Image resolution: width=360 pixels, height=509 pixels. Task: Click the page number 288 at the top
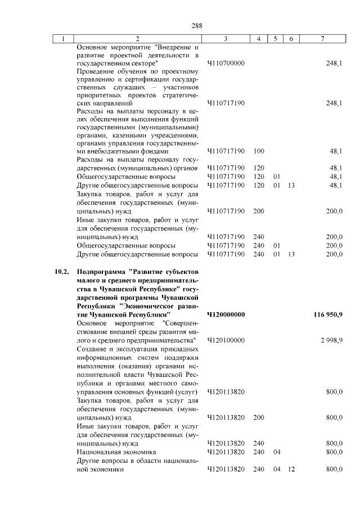point(196,26)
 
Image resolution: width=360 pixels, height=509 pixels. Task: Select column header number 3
point(225,39)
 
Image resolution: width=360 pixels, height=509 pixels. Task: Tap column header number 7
point(322,39)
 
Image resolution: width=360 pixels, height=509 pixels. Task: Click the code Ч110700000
point(226,64)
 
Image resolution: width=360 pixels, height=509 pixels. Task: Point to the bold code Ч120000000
point(226,314)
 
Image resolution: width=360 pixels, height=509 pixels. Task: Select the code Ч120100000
point(226,341)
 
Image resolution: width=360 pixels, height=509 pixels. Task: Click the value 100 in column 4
point(259,151)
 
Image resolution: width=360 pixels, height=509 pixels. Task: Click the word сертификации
point(130,79)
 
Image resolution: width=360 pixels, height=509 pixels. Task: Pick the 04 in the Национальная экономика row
point(277,452)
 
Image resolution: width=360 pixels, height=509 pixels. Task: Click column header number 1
point(63,39)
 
